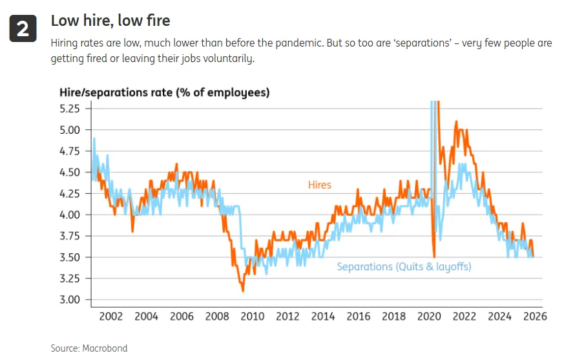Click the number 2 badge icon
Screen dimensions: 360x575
point(22,29)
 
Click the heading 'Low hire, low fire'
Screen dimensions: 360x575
point(110,21)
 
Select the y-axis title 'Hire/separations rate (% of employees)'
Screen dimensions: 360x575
point(164,92)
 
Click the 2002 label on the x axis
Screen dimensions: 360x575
point(110,316)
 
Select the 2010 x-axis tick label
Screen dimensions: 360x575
point(252,316)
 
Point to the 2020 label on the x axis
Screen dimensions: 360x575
point(429,316)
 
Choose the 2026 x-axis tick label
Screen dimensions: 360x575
point(535,316)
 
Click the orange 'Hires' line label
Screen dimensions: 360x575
point(319,185)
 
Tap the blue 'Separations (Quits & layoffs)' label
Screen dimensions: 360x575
point(404,266)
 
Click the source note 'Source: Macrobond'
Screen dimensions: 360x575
point(89,348)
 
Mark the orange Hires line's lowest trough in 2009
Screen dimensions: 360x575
point(243,290)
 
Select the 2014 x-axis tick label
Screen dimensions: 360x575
point(323,316)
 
